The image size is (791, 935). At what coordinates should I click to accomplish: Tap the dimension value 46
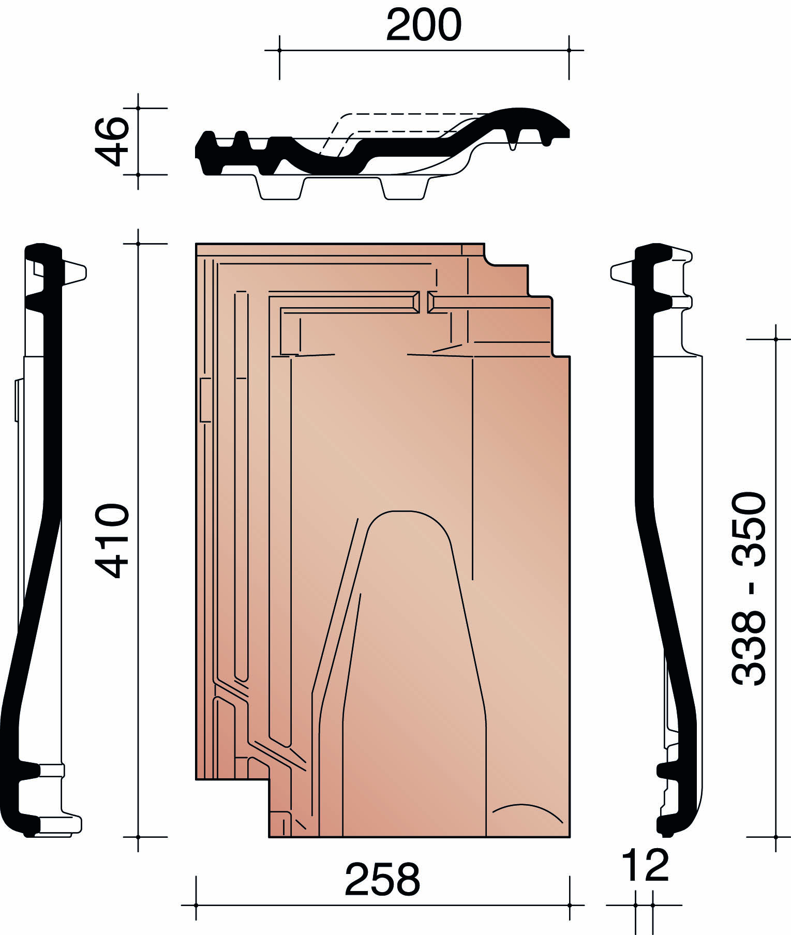[x=111, y=141]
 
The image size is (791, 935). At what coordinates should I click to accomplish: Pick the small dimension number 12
[x=645, y=865]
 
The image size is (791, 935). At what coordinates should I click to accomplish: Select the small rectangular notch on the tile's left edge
[x=205, y=400]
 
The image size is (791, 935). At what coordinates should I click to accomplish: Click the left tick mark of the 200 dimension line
[x=279, y=50]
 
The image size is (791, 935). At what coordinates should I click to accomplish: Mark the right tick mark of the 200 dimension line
[x=569, y=50]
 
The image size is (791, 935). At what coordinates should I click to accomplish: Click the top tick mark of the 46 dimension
[x=138, y=108]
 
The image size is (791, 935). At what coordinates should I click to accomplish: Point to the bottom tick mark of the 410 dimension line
[x=138, y=837]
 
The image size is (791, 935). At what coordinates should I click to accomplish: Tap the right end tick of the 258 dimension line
[x=570, y=905]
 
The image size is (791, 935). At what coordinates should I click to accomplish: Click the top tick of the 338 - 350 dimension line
[x=776, y=339]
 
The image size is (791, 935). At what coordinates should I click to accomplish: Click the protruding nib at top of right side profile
[x=622, y=273]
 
